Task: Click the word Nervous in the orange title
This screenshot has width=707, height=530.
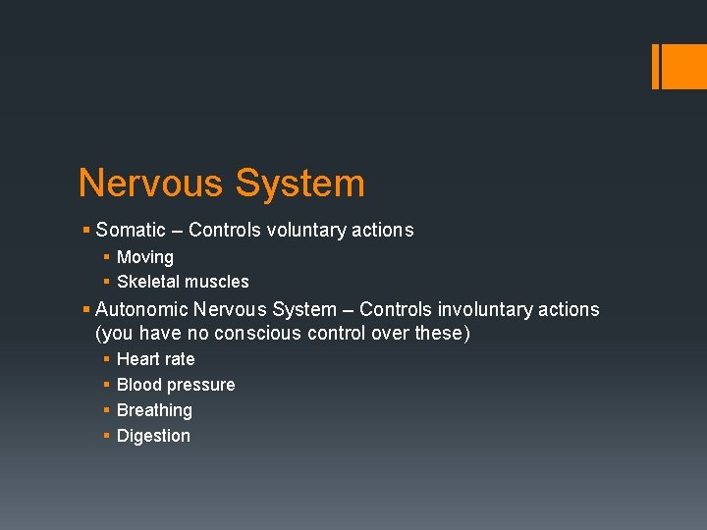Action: click(149, 184)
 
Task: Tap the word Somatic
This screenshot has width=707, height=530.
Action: click(131, 231)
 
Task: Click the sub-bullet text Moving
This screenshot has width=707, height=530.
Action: click(145, 257)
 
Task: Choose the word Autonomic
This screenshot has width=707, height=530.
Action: click(142, 309)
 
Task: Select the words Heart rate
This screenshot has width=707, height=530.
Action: click(155, 359)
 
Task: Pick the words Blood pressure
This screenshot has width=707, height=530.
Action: click(176, 385)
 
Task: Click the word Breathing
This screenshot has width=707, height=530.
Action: click(154, 410)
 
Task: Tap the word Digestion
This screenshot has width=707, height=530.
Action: click(153, 436)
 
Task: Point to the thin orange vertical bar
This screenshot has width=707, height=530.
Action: click(656, 66)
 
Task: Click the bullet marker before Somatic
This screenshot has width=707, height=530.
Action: click(86, 231)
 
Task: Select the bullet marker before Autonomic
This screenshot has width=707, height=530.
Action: click(86, 309)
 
